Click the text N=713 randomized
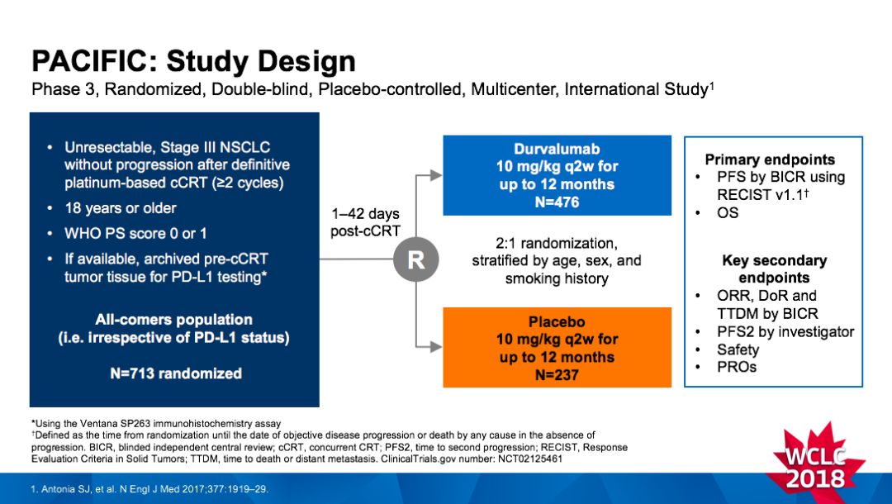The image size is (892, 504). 176,373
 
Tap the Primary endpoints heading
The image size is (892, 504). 770,159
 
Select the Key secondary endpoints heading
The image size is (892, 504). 773,269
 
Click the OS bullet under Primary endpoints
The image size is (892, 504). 728,213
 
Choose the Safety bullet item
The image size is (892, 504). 738,349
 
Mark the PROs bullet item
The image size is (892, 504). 737,367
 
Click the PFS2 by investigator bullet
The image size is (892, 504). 785,332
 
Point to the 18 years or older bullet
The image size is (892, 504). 121,207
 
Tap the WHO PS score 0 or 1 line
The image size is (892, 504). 135,233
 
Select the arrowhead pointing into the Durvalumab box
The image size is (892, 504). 437,175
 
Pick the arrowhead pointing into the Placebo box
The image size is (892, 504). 437,348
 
